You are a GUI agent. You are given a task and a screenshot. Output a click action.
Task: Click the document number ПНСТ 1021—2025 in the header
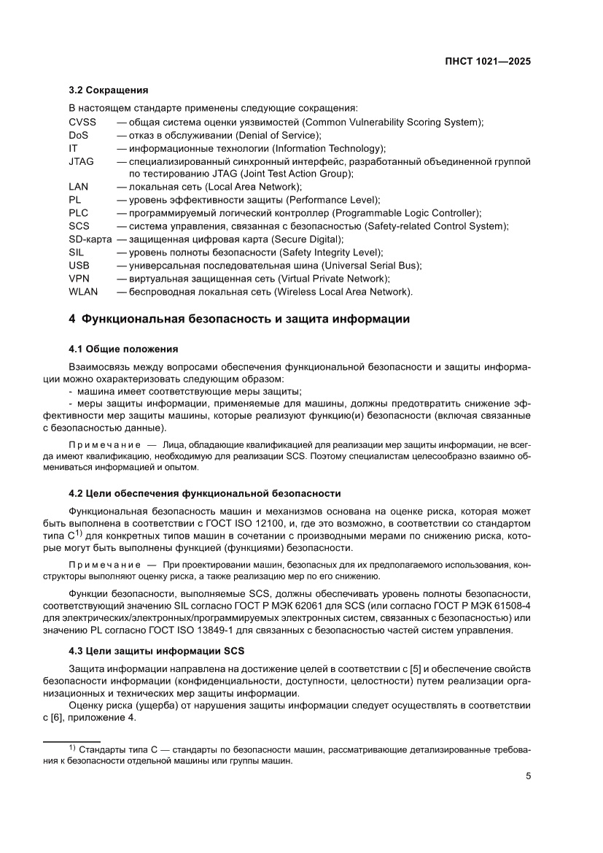click(x=488, y=62)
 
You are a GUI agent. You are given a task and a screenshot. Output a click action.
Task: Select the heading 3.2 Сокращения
click(x=108, y=90)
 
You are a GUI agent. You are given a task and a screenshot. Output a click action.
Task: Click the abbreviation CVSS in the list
click(x=82, y=122)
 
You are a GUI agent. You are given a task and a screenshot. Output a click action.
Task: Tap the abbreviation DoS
click(x=79, y=135)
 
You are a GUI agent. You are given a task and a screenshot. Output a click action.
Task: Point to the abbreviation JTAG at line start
click(x=81, y=161)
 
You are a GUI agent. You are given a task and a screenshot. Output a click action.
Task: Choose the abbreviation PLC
click(x=79, y=213)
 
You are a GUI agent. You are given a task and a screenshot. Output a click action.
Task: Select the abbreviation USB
click(x=79, y=266)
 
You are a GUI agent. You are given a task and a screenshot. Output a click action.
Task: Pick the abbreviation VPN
click(x=79, y=279)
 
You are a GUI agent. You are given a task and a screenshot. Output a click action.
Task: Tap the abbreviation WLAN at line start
click(x=82, y=292)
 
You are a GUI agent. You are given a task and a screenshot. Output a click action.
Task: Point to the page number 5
click(x=528, y=776)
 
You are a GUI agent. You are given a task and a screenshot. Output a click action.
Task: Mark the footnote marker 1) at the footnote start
click(x=72, y=748)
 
